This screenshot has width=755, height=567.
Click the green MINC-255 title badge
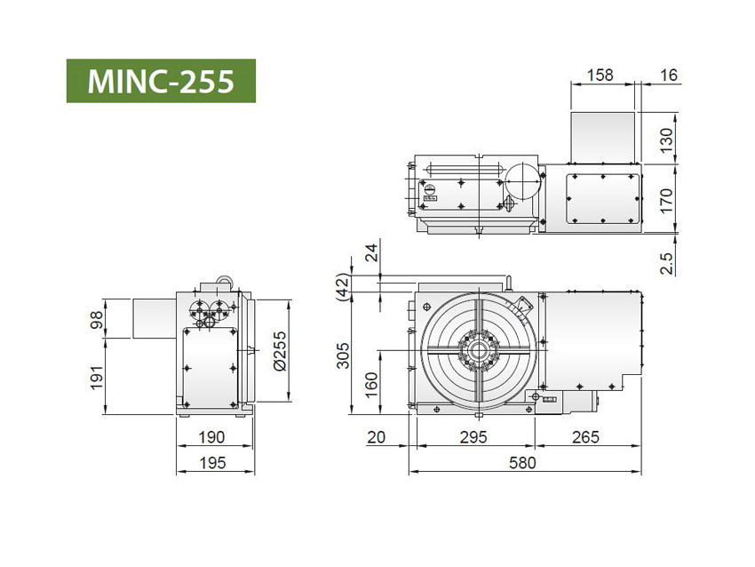(161, 81)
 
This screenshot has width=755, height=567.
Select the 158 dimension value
(601, 76)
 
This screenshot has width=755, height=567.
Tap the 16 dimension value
(669, 76)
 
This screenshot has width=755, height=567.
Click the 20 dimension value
(376, 437)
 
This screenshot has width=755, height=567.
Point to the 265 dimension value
(586, 437)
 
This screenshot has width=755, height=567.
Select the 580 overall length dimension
(522, 463)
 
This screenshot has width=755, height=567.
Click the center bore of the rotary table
(478, 352)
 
